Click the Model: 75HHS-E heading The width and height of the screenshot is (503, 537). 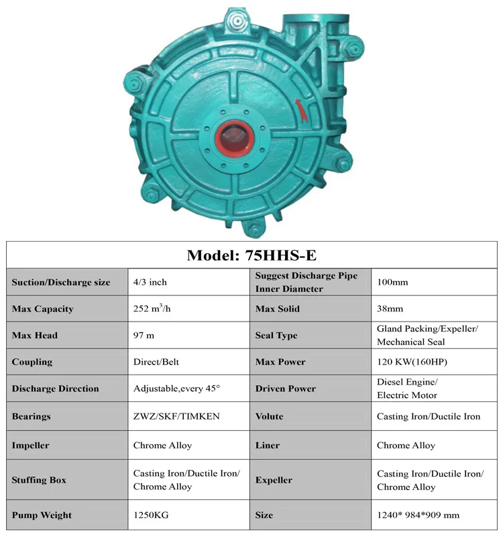pyautogui.click(x=251, y=255)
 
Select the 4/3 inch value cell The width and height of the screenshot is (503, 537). pyautogui.click(x=150, y=282)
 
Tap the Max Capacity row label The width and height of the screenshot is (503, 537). pyautogui.click(x=42, y=309)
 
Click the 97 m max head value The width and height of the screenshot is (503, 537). pyautogui.click(x=144, y=335)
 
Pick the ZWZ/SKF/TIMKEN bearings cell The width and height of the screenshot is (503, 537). pyautogui.click(x=176, y=416)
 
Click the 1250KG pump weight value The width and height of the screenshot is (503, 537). pyautogui.click(x=152, y=515)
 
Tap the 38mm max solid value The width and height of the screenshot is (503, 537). pyautogui.click(x=390, y=309)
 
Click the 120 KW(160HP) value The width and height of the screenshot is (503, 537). pyautogui.click(x=412, y=362)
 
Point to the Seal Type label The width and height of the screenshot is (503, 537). pyautogui.click(x=276, y=335)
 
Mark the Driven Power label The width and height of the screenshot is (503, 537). pyautogui.click(x=286, y=389)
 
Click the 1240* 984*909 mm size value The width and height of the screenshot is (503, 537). pyautogui.click(x=419, y=515)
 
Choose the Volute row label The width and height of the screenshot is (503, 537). pyautogui.click(x=270, y=416)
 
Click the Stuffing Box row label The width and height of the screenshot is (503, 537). pyautogui.click(x=39, y=480)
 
